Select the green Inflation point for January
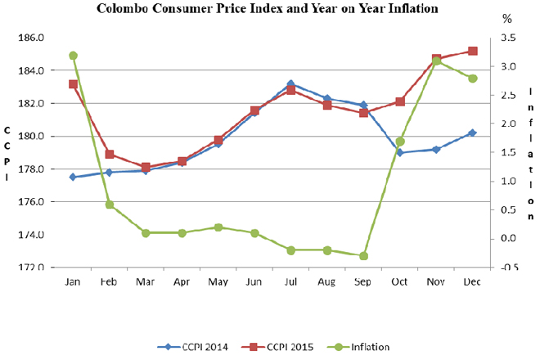[x=73, y=56]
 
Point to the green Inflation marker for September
[x=363, y=255]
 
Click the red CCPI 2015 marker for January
[x=73, y=84]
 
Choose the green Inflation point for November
[x=436, y=61]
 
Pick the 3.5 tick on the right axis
[x=507, y=38]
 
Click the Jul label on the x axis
[x=290, y=282]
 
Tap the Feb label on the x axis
[x=109, y=282]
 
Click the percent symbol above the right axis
[x=506, y=18]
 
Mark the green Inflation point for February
[x=109, y=205]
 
